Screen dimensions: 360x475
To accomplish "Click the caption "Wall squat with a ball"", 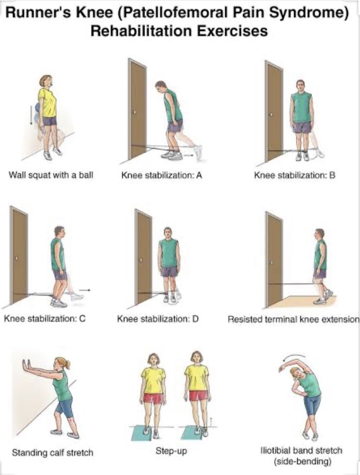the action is [51, 175].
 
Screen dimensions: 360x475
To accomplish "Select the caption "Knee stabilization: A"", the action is [162, 175].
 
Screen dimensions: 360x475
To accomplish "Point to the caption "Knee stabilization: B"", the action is [295, 175].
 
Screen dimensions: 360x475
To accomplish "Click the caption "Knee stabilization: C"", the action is [45, 318].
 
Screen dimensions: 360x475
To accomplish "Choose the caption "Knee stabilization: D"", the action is [158, 318].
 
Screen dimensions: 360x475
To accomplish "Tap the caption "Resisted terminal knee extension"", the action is [293, 319].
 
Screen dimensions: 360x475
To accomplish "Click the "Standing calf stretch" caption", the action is [52, 453].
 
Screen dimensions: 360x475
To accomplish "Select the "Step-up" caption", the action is [171, 451].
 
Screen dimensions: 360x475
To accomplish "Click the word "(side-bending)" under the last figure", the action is [302, 462].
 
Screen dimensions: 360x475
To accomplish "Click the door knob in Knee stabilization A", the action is [135, 113].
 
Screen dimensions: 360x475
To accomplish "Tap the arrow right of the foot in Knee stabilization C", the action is [86, 290].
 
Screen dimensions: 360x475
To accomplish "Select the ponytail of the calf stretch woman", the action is [68, 364].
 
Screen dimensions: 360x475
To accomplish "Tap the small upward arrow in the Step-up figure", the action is [212, 421].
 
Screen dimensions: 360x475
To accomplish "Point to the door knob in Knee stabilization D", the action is [141, 260].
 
